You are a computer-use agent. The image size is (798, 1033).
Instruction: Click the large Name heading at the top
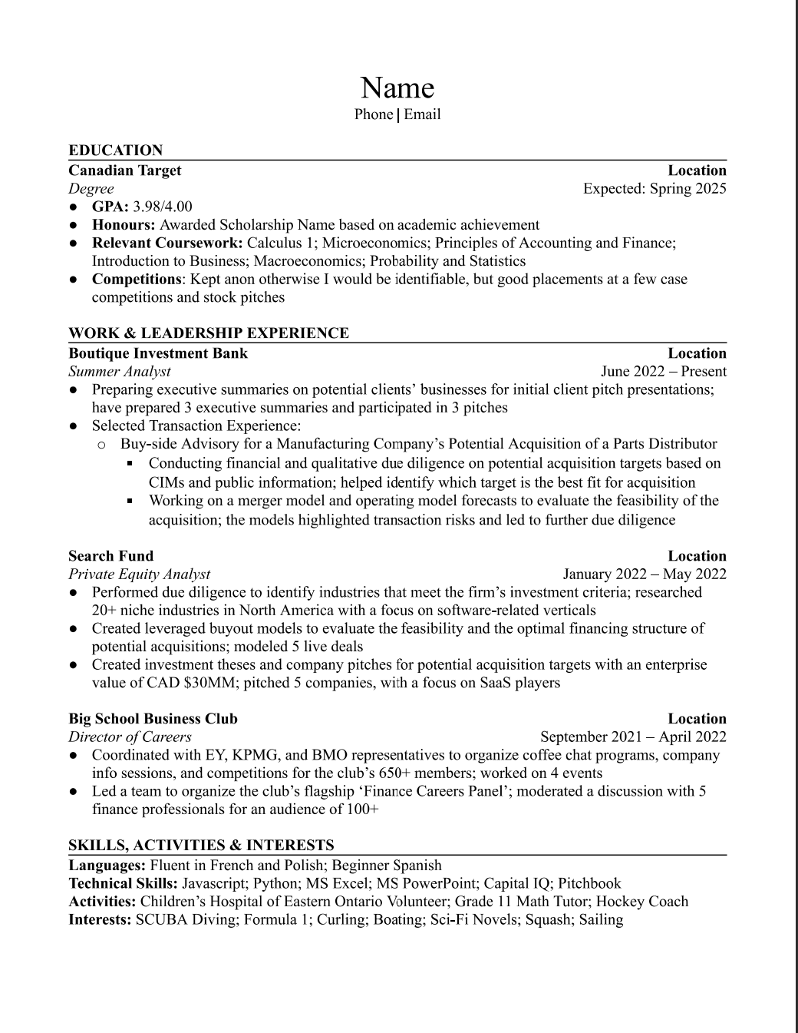397,88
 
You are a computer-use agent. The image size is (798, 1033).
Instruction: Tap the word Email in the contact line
422,114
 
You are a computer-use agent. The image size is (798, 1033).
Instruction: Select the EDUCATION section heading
116,151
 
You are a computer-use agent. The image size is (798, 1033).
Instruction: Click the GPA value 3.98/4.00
163,207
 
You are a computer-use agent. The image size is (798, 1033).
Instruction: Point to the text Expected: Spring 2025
655,189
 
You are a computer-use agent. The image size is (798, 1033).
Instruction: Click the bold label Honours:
124,225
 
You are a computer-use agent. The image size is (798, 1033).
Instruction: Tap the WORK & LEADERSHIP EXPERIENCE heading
209,333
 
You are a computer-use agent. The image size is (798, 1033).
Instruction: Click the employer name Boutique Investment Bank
158,353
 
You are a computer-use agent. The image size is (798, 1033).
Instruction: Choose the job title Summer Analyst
120,372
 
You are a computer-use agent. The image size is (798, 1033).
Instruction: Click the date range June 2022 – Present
664,372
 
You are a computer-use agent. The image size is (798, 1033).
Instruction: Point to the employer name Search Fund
110,556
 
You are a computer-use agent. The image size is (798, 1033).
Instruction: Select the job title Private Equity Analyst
139,574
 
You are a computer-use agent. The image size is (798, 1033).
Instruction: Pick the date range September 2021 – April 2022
633,737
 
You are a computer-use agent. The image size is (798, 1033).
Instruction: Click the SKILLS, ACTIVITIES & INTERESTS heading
201,846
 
